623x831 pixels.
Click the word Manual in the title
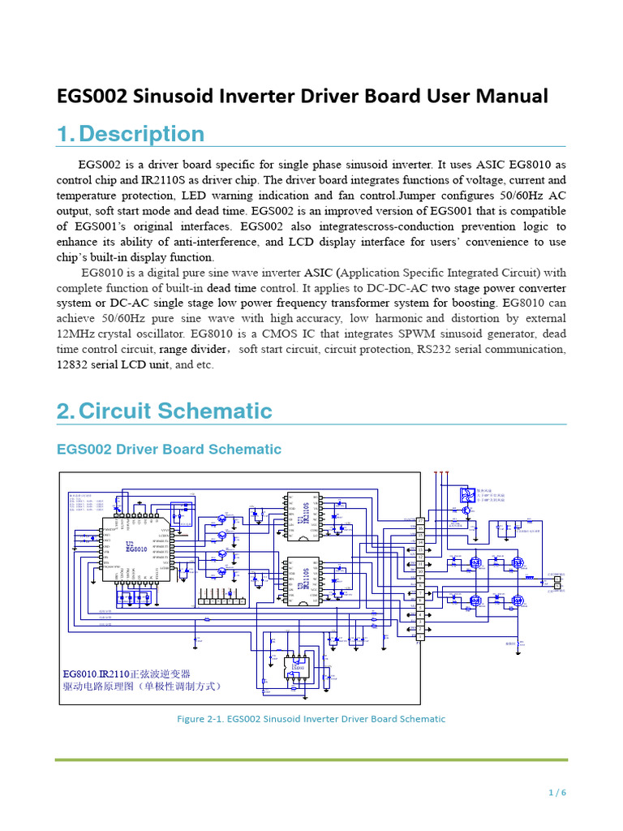(x=509, y=96)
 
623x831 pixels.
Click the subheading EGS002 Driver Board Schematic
(x=169, y=449)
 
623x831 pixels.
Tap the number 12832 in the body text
(x=75, y=364)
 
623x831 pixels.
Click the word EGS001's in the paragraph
(x=105, y=226)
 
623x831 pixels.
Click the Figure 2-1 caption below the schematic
(x=311, y=718)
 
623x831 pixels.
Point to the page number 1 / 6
(x=556, y=793)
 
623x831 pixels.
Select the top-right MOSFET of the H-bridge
(x=517, y=562)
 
